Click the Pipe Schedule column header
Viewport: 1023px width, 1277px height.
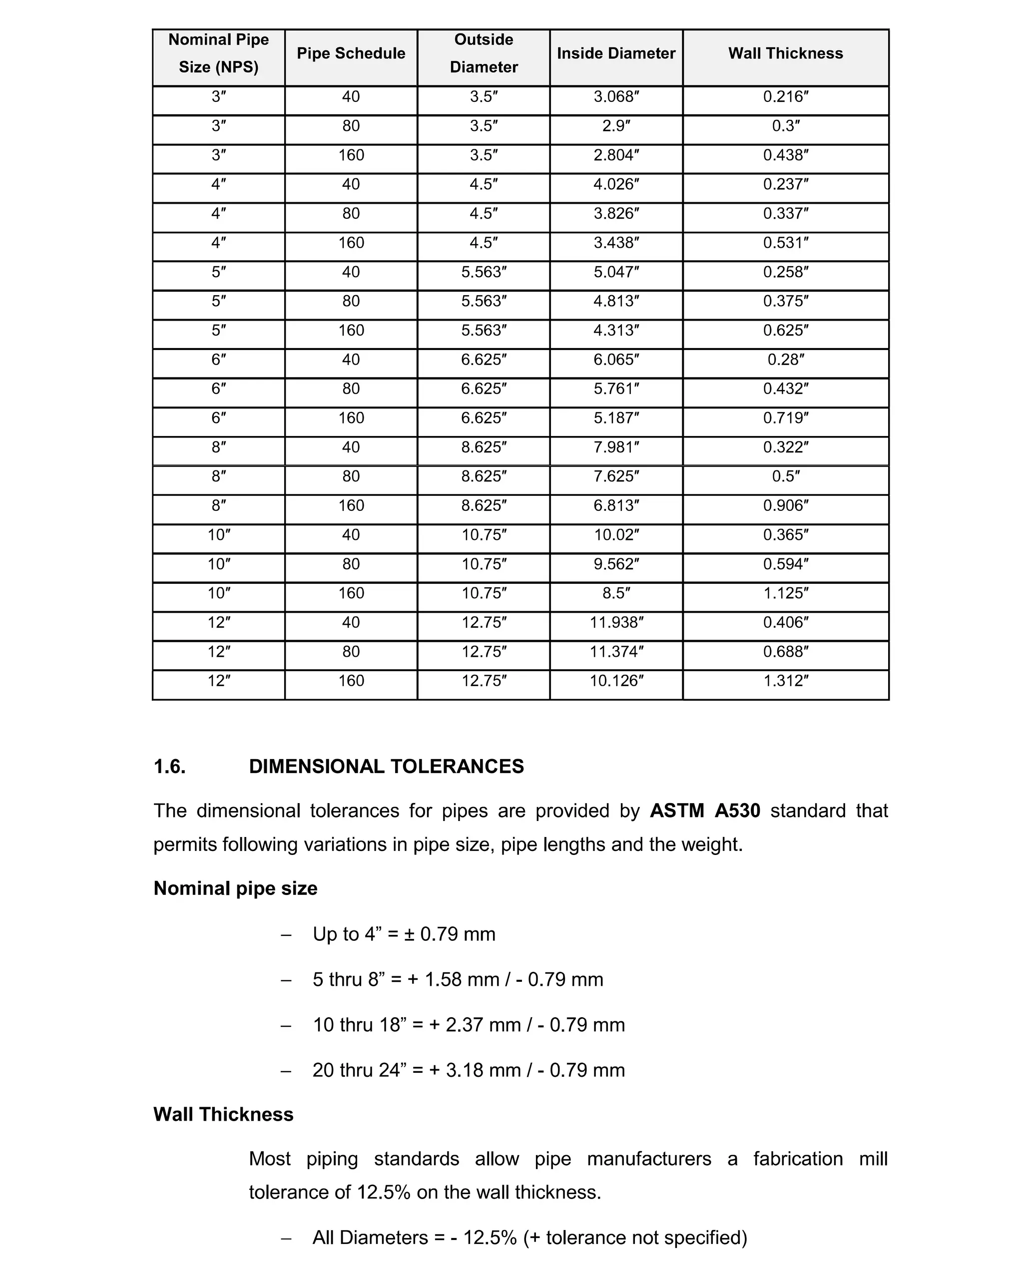point(351,53)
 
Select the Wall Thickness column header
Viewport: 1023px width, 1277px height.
point(785,53)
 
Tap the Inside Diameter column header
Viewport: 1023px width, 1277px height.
point(615,53)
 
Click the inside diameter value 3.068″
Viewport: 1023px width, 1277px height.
point(616,96)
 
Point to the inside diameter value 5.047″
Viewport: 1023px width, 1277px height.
point(616,272)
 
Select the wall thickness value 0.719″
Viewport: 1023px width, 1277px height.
point(785,418)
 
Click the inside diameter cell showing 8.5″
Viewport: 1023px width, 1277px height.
point(616,593)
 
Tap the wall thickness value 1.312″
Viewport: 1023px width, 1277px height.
point(785,681)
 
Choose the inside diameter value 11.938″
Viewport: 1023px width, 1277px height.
point(616,622)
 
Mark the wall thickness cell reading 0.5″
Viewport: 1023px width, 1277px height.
point(785,476)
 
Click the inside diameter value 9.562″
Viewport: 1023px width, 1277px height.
point(616,564)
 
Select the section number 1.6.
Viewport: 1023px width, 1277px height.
point(169,767)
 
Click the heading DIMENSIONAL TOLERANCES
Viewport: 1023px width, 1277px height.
point(386,767)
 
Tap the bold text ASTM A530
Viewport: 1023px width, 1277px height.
point(704,810)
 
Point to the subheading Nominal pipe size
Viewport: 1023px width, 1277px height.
point(235,888)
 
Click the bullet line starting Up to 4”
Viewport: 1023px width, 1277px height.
point(404,934)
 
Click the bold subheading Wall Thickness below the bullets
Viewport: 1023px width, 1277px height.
point(223,1114)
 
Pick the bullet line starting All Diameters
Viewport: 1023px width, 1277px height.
point(529,1238)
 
